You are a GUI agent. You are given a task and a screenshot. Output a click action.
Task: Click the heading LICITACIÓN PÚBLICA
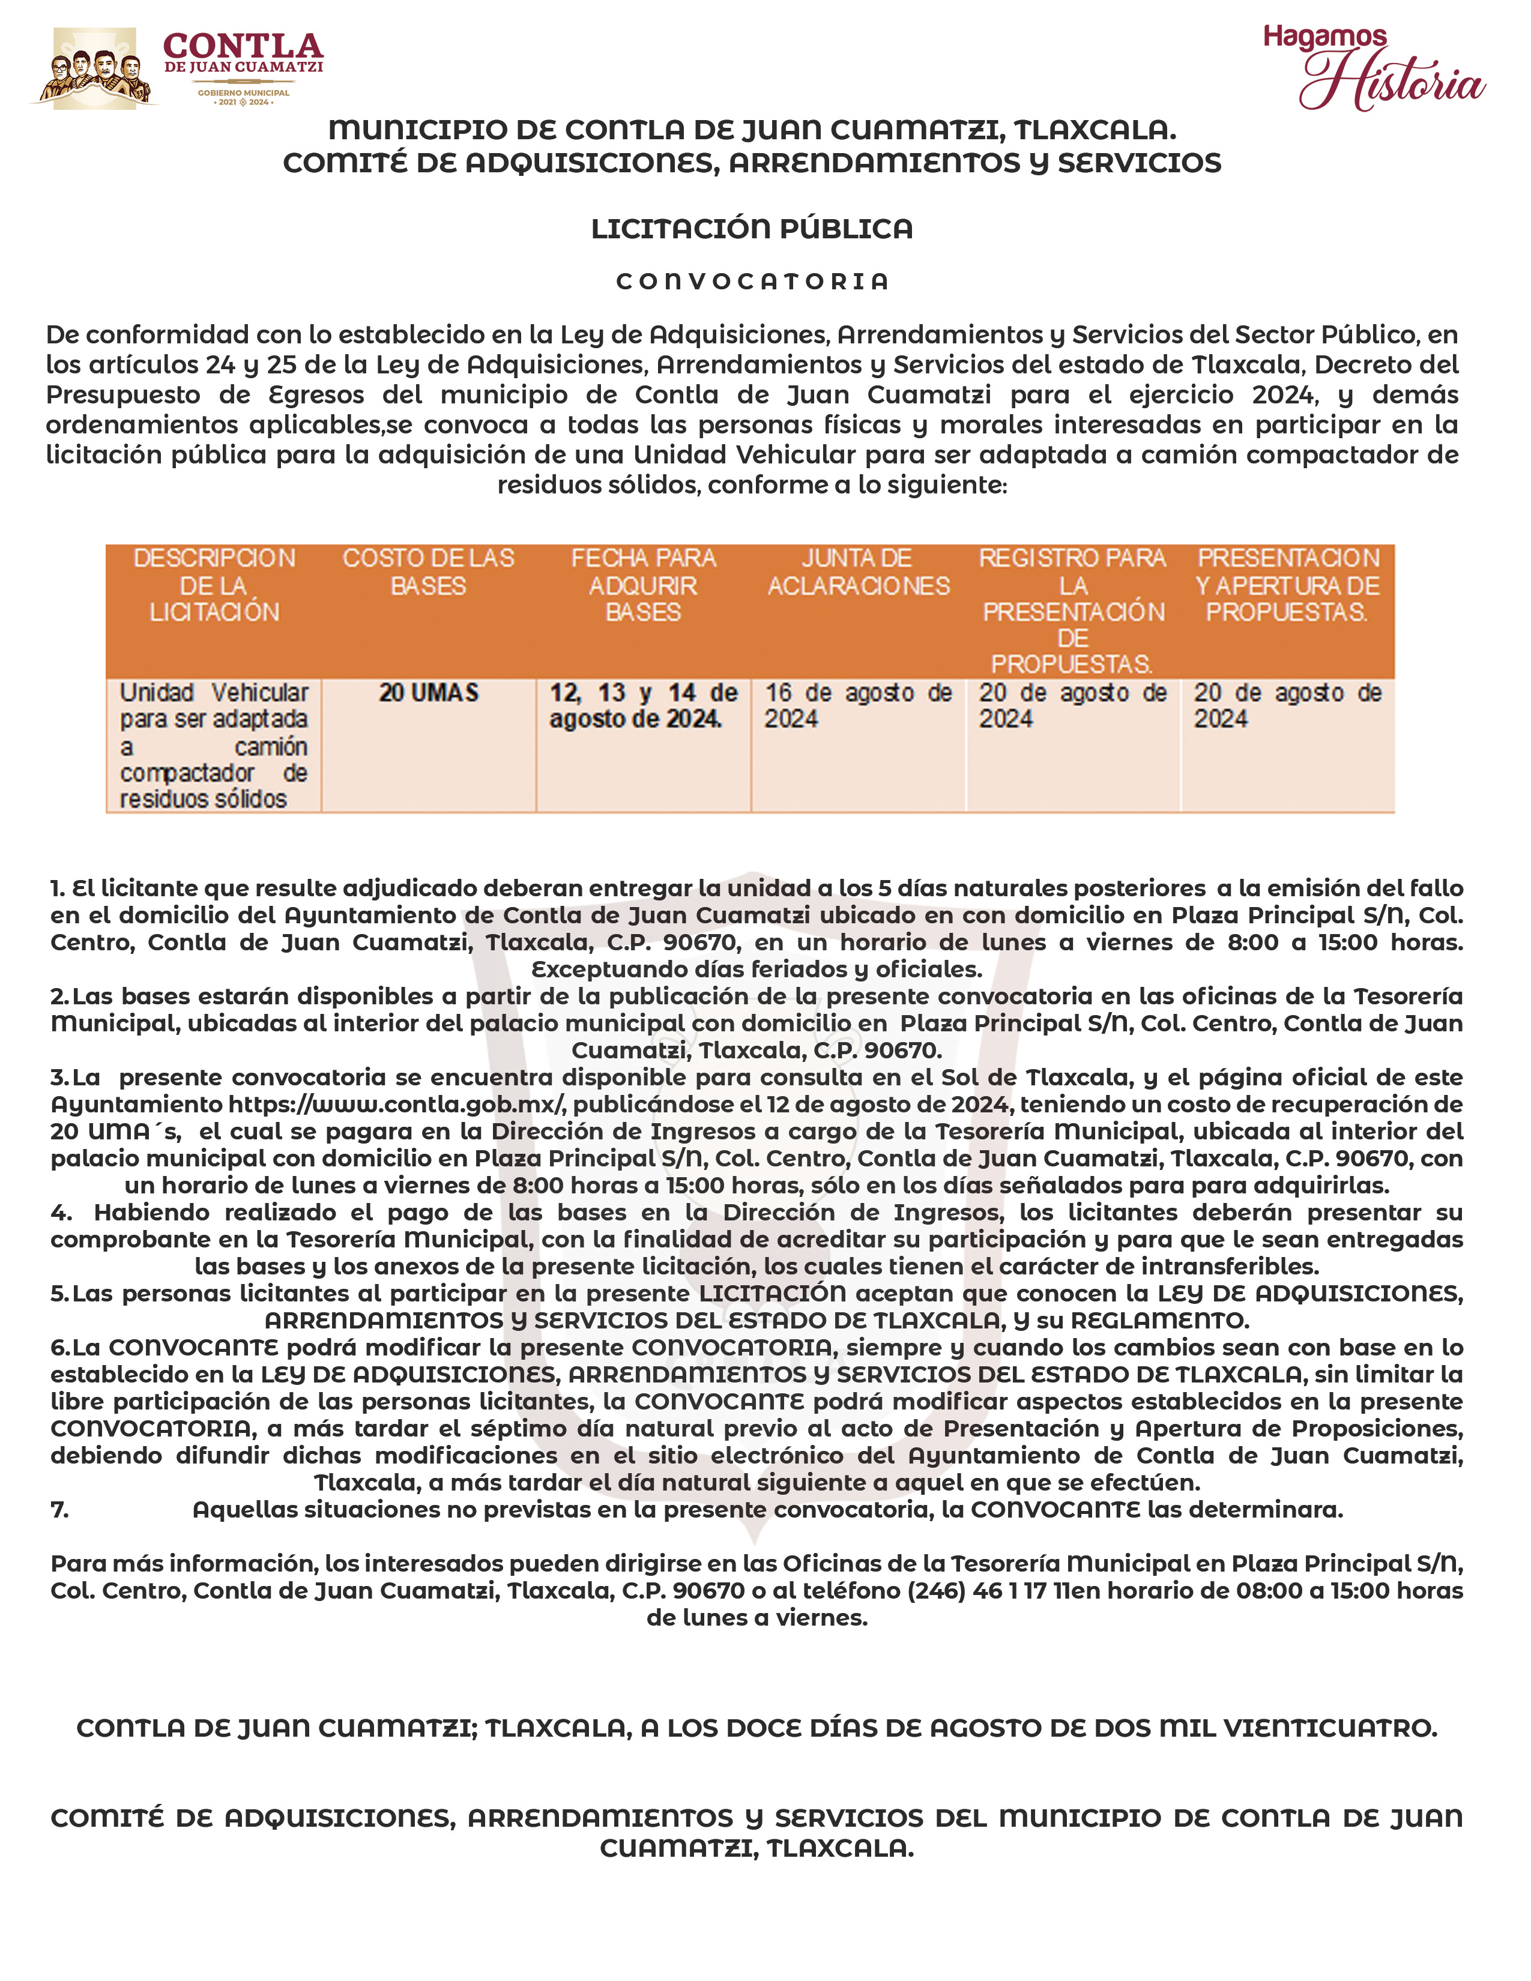click(752, 229)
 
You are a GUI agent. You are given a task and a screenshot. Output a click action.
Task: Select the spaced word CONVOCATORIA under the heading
click(752, 281)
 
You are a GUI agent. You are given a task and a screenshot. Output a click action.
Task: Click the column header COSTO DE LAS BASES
click(428, 571)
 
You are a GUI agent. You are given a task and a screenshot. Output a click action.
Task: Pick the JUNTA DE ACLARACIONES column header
click(858, 571)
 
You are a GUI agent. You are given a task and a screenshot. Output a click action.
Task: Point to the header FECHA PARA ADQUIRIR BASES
click(643, 585)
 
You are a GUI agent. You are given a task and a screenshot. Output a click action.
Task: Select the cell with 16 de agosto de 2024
click(858, 706)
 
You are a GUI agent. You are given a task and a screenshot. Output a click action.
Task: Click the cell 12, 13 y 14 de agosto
click(643, 706)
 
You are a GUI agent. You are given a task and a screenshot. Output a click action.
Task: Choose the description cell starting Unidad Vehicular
click(214, 746)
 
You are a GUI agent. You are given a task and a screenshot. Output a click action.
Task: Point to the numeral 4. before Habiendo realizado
click(61, 1213)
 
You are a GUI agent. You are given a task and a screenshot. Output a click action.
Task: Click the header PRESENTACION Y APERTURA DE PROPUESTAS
click(1288, 585)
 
